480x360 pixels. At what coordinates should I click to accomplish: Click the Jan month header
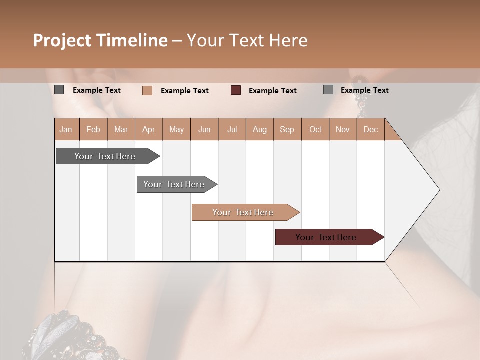(x=66, y=129)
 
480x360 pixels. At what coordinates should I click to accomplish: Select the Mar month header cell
(x=121, y=129)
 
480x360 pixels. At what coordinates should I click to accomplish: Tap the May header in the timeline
(x=176, y=129)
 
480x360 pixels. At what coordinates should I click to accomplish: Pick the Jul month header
(x=232, y=129)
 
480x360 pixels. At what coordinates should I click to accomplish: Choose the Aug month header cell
(x=259, y=129)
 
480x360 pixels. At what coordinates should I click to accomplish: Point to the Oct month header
(x=315, y=129)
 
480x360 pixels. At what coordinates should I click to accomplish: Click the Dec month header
(x=370, y=129)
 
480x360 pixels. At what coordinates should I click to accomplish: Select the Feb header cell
(x=93, y=129)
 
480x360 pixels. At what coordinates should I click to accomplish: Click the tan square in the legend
(x=147, y=90)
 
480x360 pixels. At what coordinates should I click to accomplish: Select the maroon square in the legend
(x=236, y=90)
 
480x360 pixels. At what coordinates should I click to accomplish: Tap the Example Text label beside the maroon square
(x=272, y=91)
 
